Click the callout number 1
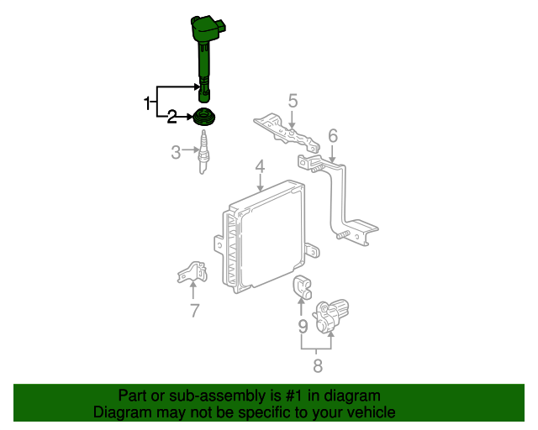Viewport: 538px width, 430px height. point(147,103)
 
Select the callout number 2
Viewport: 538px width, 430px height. point(171,117)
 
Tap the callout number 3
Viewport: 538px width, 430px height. point(176,153)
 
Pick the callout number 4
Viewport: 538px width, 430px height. point(260,166)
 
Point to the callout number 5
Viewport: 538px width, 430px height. point(293,101)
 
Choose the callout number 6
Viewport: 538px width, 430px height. point(333,135)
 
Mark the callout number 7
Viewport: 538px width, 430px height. point(194,311)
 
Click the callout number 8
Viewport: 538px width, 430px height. point(318,366)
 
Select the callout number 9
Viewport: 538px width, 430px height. point(303,327)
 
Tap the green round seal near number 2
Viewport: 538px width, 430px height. point(205,117)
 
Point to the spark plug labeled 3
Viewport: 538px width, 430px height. point(203,152)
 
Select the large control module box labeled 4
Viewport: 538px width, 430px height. point(266,236)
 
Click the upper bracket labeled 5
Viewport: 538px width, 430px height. point(287,133)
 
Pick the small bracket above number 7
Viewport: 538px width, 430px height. point(193,272)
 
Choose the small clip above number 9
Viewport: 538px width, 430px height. point(302,286)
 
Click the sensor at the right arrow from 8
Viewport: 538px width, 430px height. point(330,316)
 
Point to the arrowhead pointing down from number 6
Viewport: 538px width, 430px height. point(332,159)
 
